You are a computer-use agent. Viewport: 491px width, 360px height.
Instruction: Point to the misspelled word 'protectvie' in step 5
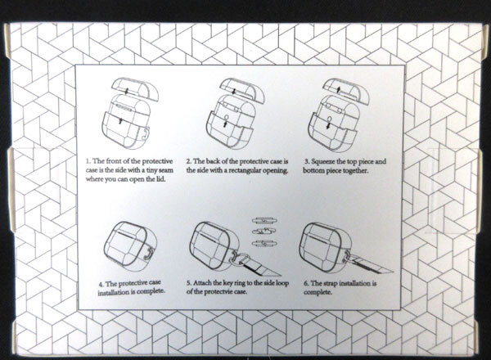218,292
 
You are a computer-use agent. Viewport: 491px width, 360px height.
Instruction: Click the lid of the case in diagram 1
135,88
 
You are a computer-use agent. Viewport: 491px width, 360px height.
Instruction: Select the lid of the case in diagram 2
241,90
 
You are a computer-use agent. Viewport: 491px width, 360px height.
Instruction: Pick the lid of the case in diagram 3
346,90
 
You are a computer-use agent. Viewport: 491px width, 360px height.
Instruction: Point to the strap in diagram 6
370,263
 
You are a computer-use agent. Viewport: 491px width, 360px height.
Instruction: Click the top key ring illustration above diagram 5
264,221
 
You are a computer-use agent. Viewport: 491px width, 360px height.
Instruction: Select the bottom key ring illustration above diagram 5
264,243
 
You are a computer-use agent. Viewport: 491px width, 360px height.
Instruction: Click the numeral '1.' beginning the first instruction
88,161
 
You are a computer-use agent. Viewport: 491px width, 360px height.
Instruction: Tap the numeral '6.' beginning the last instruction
306,284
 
